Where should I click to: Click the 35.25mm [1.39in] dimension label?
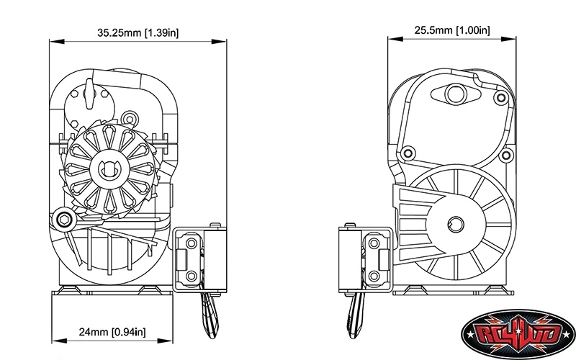(138, 32)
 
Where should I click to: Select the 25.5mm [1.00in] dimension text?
(452, 30)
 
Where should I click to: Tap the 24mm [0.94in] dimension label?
(112, 332)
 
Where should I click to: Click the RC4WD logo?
(518, 334)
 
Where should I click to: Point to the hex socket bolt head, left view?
(64, 220)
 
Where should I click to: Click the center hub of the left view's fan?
(107, 169)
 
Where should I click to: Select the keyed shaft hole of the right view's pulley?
(456, 225)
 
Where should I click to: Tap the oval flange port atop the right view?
(456, 94)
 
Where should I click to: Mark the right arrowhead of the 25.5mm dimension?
(509, 39)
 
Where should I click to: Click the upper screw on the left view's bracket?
(192, 243)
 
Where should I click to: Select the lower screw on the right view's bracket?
(374, 276)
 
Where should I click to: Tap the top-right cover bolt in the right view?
(501, 98)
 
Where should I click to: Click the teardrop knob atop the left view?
(89, 94)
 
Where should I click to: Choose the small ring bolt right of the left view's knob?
(130, 119)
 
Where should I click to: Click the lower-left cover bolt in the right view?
(408, 153)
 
